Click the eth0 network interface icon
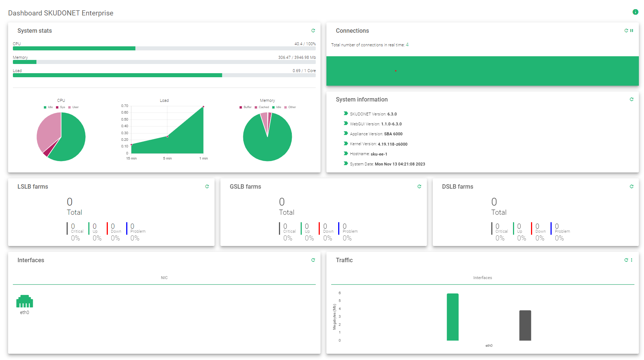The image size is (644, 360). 25,301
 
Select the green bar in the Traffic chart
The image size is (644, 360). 452,317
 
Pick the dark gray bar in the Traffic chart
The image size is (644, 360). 525,325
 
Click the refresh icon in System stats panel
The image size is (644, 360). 313,31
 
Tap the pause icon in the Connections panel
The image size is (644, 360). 632,31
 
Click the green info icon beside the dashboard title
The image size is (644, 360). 635,12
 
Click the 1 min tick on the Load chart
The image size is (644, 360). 204,158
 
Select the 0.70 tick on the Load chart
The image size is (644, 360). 125,106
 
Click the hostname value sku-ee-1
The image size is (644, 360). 379,154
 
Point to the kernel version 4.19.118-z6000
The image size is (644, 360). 392,144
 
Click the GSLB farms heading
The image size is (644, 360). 245,186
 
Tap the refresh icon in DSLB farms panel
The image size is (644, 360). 631,186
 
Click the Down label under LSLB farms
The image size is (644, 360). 116,231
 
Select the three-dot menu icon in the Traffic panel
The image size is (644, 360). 632,260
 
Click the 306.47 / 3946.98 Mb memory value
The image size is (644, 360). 297,57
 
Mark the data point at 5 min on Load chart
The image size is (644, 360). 167,136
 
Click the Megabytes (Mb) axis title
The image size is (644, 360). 335,317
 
